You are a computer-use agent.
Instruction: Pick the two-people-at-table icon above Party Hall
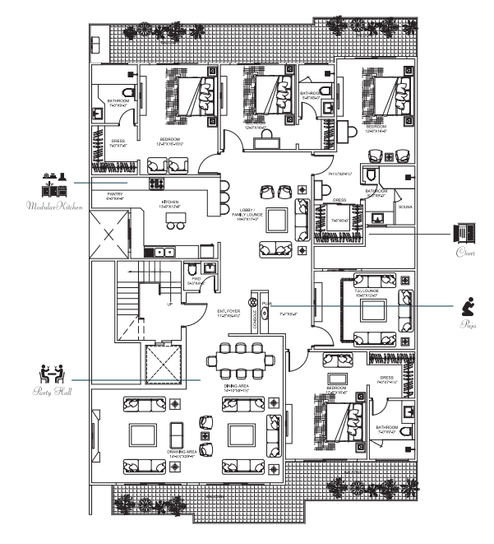[53, 373]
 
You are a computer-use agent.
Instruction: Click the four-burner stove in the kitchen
[156, 184]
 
